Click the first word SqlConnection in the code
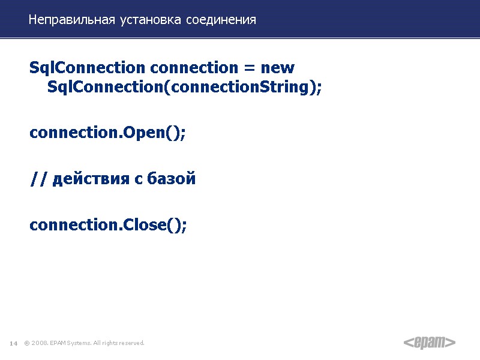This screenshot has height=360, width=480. coord(87,68)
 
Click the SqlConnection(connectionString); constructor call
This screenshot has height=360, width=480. coord(184,88)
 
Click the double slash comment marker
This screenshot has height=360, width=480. coord(38,179)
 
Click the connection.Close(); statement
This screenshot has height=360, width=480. coord(108,225)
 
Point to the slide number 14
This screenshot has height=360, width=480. coord(13,343)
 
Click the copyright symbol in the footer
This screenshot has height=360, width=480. coord(26,343)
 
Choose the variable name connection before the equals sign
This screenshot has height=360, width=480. coord(194,68)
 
